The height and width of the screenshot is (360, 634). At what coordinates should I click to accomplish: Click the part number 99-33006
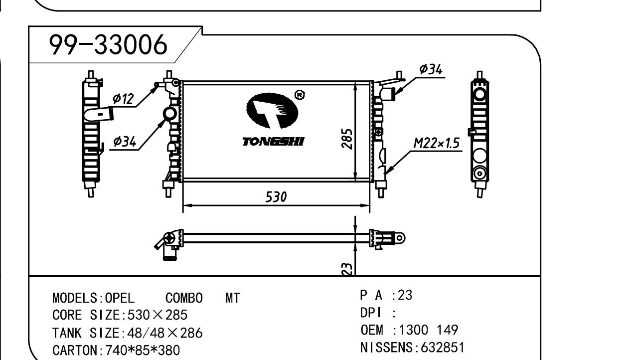coord(108,46)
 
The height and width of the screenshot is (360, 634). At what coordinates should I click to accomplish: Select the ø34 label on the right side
coord(431,70)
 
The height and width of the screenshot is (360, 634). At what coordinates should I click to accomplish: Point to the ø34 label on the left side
coord(124,142)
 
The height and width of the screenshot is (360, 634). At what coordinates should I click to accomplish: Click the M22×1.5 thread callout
coord(436,144)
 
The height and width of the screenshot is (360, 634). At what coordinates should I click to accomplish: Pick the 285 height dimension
coord(348,139)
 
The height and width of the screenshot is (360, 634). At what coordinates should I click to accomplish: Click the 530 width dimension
coord(276,197)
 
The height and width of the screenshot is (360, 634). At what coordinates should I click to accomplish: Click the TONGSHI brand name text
coord(273,142)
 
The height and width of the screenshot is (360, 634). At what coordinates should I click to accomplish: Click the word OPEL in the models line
coord(120,298)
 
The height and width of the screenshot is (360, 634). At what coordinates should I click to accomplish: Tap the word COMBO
coord(184,298)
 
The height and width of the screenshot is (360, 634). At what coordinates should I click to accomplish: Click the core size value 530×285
coord(158,316)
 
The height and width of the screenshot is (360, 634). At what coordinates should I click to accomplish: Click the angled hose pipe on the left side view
coord(99,114)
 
